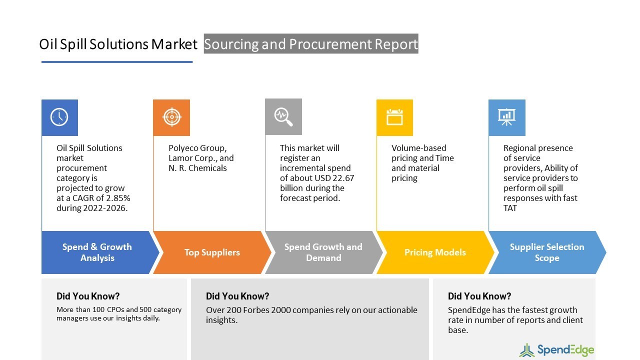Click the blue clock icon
click(x=59, y=117)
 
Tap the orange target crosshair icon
click(x=171, y=117)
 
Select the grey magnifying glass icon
click(x=283, y=117)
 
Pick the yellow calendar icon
click(x=394, y=117)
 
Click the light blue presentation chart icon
click(x=506, y=117)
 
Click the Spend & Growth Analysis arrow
click(x=97, y=252)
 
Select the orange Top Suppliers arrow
click(x=212, y=252)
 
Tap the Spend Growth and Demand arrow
click(x=323, y=252)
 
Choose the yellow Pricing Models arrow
click(x=435, y=252)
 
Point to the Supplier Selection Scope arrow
click(x=546, y=252)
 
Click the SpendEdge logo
click(x=556, y=349)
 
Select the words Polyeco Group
click(x=197, y=148)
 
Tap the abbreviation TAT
click(x=510, y=208)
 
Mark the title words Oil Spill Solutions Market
click(x=118, y=44)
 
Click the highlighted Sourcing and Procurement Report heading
click(x=311, y=44)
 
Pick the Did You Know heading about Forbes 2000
click(x=237, y=296)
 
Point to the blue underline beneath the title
click(x=117, y=62)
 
